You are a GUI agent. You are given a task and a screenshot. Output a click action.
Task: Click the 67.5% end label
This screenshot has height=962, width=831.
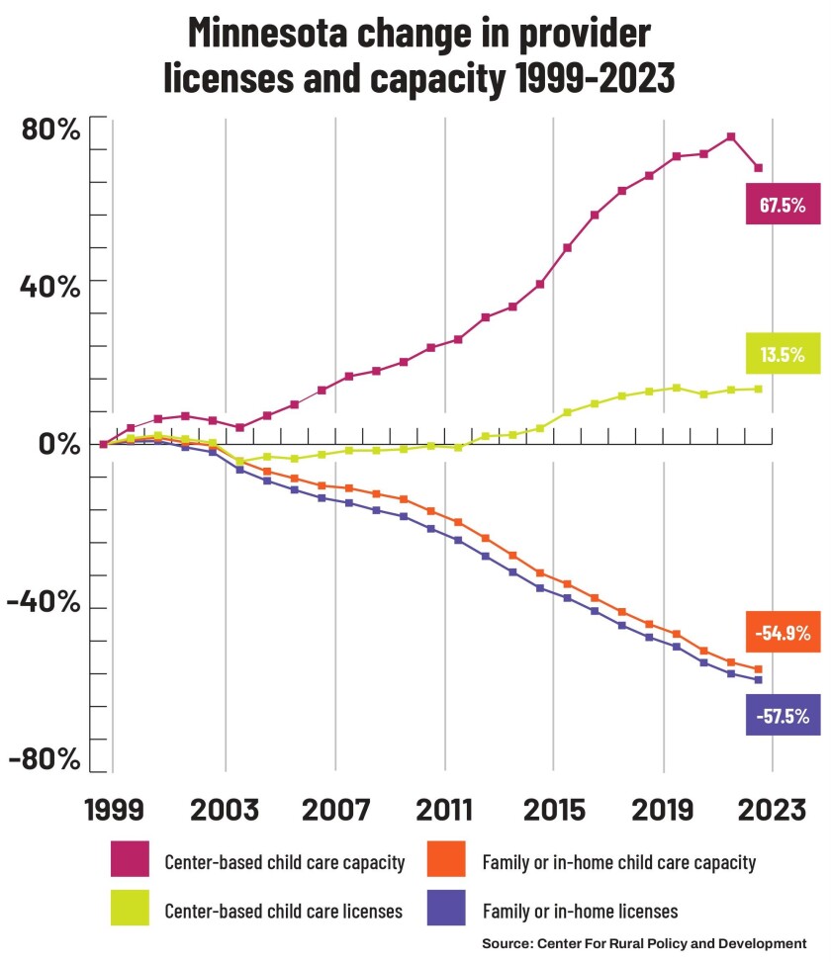point(784,206)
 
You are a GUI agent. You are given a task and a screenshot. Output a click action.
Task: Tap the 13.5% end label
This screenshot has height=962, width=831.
point(784,354)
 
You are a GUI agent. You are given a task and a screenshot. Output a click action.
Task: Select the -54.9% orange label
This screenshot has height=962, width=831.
point(784,632)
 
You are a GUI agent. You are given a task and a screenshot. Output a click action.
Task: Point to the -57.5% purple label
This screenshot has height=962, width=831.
point(784,714)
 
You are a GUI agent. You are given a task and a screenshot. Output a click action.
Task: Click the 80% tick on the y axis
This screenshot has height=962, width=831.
point(46,130)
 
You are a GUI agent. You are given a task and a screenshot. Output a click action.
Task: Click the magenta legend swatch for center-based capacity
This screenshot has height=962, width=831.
point(130,860)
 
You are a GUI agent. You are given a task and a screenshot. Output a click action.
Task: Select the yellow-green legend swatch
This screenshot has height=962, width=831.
point(130,908)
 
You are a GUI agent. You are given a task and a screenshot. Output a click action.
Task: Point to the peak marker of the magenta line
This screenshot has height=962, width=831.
point(731,136)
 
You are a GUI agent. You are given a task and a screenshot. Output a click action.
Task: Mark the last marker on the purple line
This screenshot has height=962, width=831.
point(759,680)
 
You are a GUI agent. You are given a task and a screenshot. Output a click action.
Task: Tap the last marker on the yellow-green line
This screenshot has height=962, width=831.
point(759,389)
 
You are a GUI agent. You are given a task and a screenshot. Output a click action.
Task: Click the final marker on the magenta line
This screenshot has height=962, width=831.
point(759,168)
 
